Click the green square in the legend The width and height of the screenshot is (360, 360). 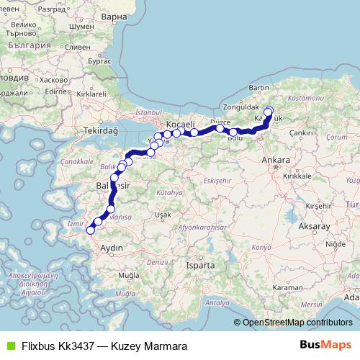pyautogui.click(x=9, y=346)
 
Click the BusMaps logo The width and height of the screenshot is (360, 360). pyautogui.click(x=325, y=346)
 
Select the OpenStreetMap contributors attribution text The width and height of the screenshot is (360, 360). pyautogui.click(x=295, y=323)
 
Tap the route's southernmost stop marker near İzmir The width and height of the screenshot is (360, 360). pyautogui.click(x=91, y=230)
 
